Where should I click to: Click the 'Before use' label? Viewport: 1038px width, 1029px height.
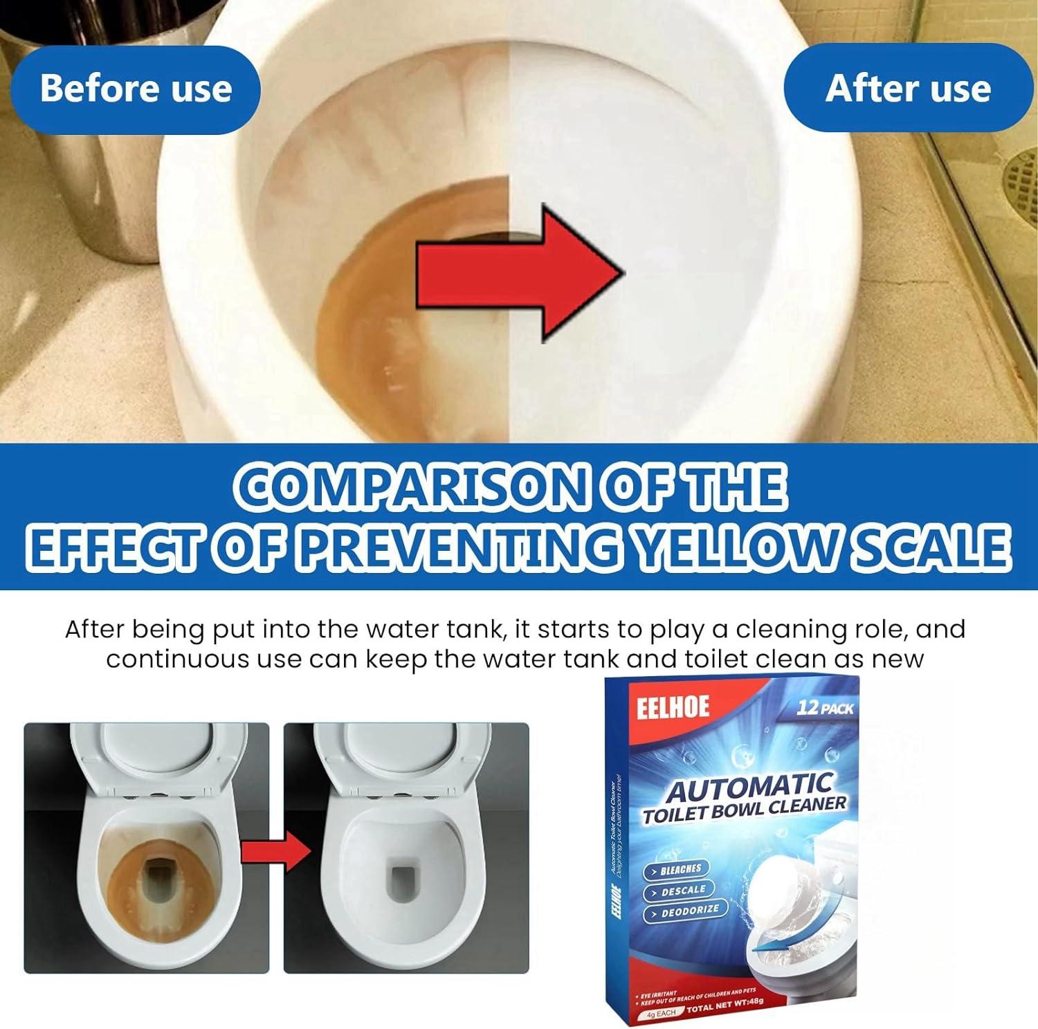tap(136, 88)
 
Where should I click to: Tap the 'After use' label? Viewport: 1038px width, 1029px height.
tap(908, 88)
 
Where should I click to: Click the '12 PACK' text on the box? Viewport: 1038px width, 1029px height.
tap(825, 708)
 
